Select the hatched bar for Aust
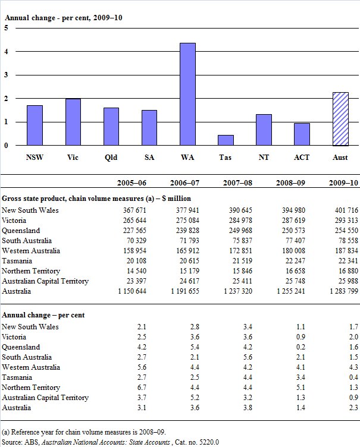point(340,119)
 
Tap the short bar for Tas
point(226,140)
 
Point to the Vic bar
point(73,122)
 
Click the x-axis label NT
point(264,158)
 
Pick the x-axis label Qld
point(111,158)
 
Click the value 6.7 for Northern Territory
point(143,387)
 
